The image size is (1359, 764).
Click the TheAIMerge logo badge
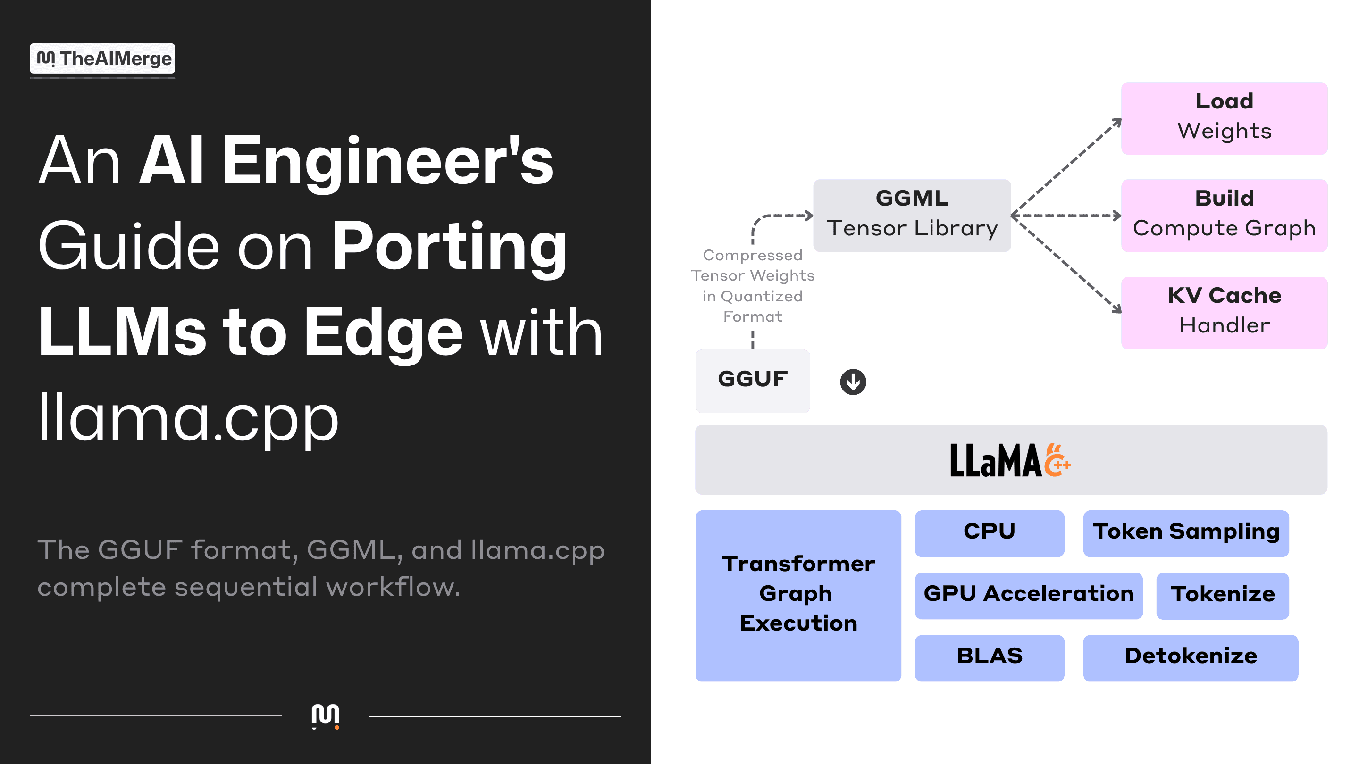tap(102, 58)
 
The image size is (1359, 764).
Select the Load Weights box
tap(1224, 118)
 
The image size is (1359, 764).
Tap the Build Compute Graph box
tap(1224, 215)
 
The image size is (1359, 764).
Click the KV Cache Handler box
tap(1224, 313)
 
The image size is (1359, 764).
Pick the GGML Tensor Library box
tap(912, 215)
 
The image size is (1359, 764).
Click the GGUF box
tap(752, 381)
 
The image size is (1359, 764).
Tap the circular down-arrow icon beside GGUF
tap(853, 381)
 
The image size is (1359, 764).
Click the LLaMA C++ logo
tap(1010, 460)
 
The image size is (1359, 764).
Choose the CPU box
tap(989, 533)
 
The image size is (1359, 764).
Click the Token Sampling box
tap(1186, 533)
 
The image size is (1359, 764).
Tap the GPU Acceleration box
tap(1028, 596)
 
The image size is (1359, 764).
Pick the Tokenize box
tap(1222, 596)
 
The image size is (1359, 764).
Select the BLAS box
tap(989, 658)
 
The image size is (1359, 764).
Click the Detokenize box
tap(1191, 658)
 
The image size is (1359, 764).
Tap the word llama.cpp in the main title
tap(188, 417)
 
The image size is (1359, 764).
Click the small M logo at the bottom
tap(326, 716)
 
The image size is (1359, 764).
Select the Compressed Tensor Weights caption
tap(753, 285)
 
